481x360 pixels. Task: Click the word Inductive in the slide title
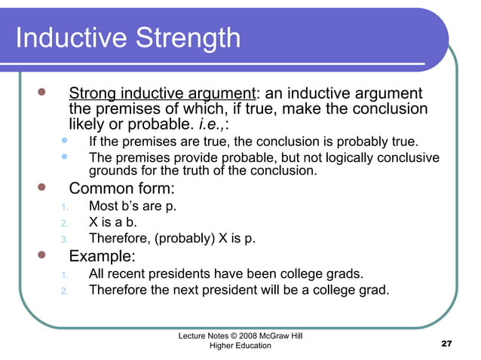(x=72, y=38)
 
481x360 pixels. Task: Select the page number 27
(x=446, y=343)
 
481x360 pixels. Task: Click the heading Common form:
(x=121, y=188)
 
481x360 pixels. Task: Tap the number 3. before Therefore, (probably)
(x=65, y=241)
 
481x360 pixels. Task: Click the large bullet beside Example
(x=41, y=255)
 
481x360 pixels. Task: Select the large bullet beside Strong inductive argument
(x=41, y=92)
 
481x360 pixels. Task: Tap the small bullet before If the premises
(x=65, y=140)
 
